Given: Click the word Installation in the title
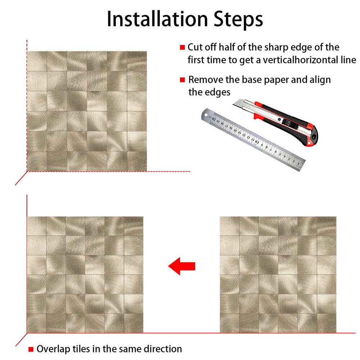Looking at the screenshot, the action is (158, 19).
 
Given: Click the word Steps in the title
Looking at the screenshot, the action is (238, 20).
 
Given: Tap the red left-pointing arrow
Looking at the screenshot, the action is (181, 266).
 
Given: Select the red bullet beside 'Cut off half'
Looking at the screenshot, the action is (182, 47).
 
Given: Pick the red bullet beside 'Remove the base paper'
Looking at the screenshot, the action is (182, 80).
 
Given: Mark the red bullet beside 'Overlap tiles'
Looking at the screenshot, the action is (31, 349).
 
